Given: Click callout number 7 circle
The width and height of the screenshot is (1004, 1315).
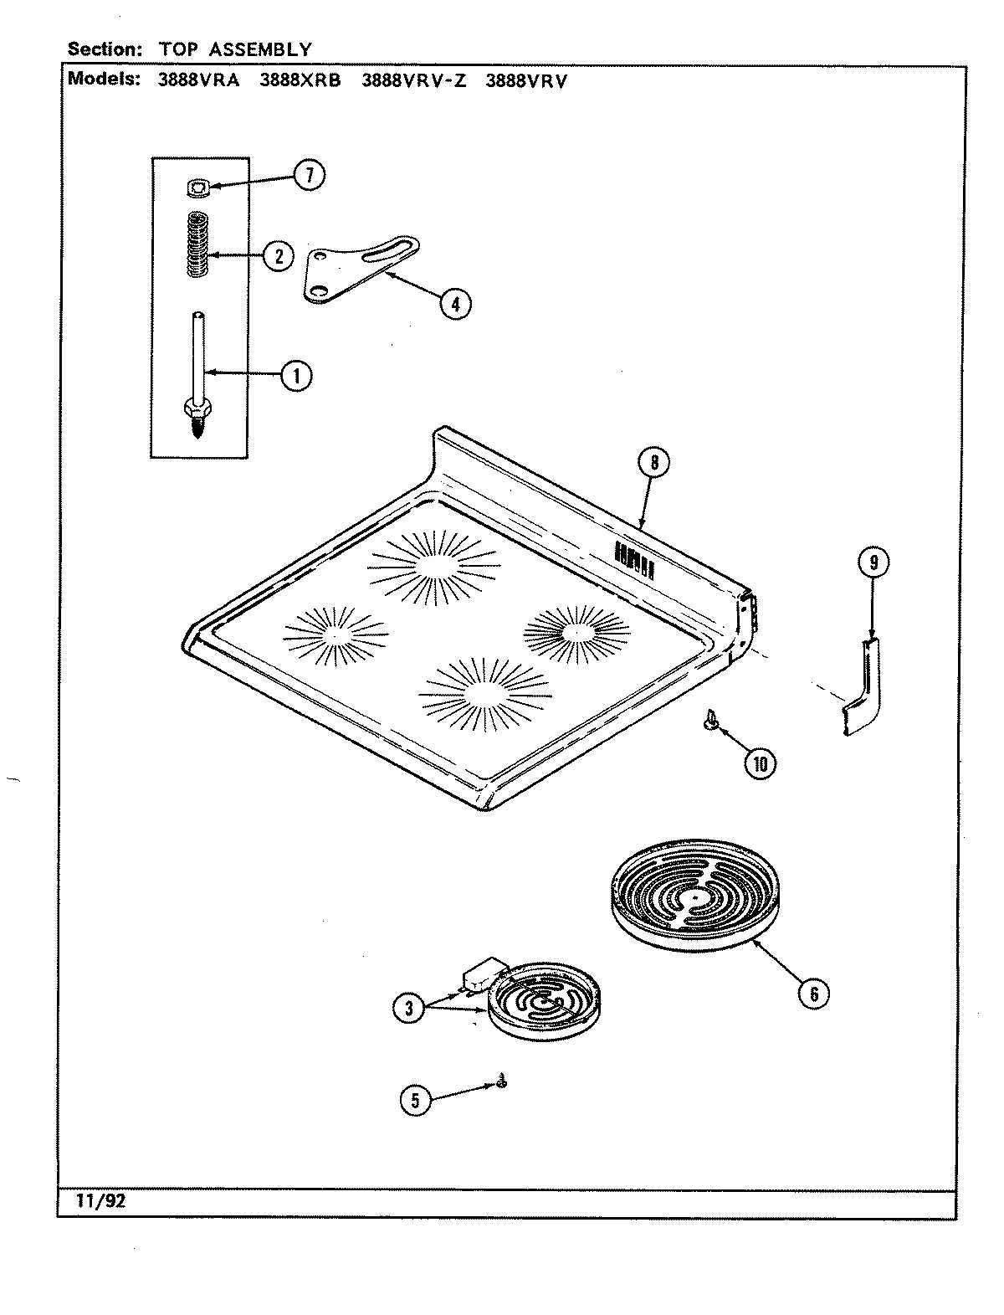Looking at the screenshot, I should tap(308, 175).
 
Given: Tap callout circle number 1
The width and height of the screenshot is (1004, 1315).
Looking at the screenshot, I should tap(295, 375).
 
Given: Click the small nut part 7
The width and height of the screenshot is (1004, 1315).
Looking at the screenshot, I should tap(197, 190).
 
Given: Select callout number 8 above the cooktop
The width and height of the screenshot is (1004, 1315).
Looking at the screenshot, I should tap(653, 463).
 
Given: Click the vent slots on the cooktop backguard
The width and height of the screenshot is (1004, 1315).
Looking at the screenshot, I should tap(633, 557).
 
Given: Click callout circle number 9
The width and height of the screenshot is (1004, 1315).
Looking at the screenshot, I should tap(873, 562).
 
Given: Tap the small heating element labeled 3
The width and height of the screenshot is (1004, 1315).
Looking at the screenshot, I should tap(544, 1004).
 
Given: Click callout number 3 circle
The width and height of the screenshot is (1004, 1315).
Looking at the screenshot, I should tap(409, 1009).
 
